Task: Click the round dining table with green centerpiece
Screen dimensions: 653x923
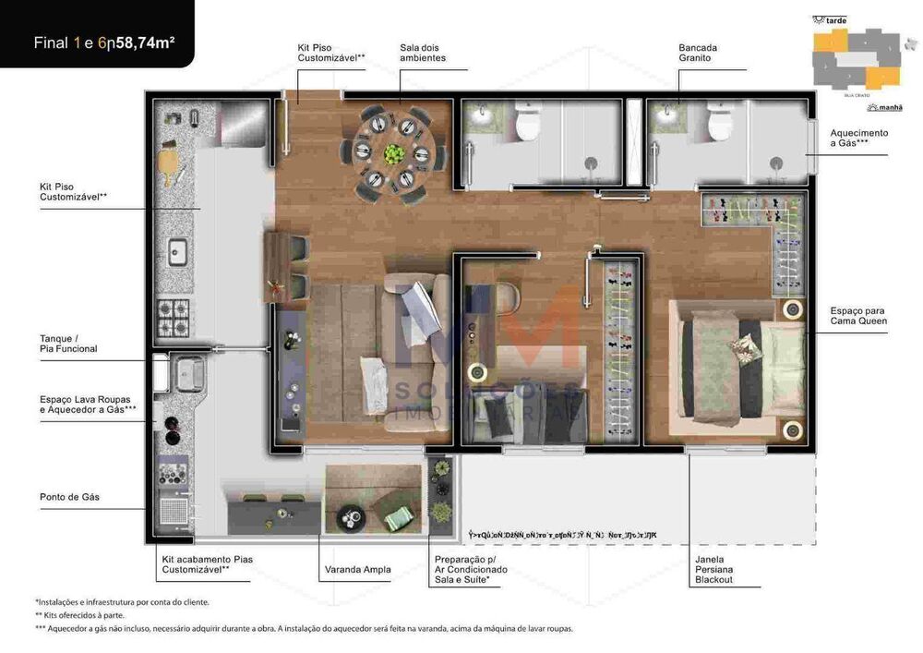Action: pos(394,153)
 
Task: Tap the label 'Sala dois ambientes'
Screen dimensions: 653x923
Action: pos(423,53)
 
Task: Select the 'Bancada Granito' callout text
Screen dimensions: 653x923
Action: pos(698,53)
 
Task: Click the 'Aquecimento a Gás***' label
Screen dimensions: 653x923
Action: pos(858,138)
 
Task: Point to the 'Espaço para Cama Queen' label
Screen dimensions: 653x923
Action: pos(858,317)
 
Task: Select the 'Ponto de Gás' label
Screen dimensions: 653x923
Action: pos(69,497)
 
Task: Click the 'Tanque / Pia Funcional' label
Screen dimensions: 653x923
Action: pos(68,344)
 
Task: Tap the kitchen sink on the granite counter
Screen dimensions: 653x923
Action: pos(176,251)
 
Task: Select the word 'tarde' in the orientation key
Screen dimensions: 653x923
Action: pos(835,19)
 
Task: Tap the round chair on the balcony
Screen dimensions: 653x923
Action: pos(352,518)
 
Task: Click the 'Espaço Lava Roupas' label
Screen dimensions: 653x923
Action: pos(85,399)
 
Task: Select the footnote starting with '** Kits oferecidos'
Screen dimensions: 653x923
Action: pos(80,615)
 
